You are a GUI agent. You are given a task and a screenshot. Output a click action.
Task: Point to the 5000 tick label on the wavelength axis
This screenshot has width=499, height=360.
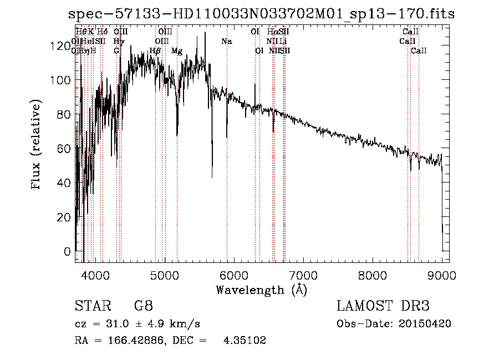coord(165,274)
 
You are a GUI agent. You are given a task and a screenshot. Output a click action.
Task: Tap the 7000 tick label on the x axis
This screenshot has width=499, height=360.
coord(303,274)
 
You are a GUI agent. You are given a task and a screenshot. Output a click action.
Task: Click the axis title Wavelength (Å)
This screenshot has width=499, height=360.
coord(261,289)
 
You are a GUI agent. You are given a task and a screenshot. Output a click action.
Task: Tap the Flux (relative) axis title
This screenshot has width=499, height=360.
coord(37,146)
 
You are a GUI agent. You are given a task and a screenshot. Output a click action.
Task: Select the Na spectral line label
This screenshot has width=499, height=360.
coord(226,41)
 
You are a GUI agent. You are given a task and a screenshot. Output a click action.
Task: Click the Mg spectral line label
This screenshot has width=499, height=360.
coord(177,51)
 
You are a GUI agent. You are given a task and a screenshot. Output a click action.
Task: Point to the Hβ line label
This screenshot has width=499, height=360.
coord(155,51)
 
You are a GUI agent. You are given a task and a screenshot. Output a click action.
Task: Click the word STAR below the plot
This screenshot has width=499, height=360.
coord(91,306)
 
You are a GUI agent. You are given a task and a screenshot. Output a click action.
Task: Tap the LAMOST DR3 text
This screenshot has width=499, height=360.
coord(383,306)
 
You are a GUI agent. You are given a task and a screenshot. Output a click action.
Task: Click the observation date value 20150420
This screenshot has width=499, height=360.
coord(428,323)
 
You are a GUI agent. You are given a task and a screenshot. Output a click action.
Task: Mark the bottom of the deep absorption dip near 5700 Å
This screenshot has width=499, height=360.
coord(212,177)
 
